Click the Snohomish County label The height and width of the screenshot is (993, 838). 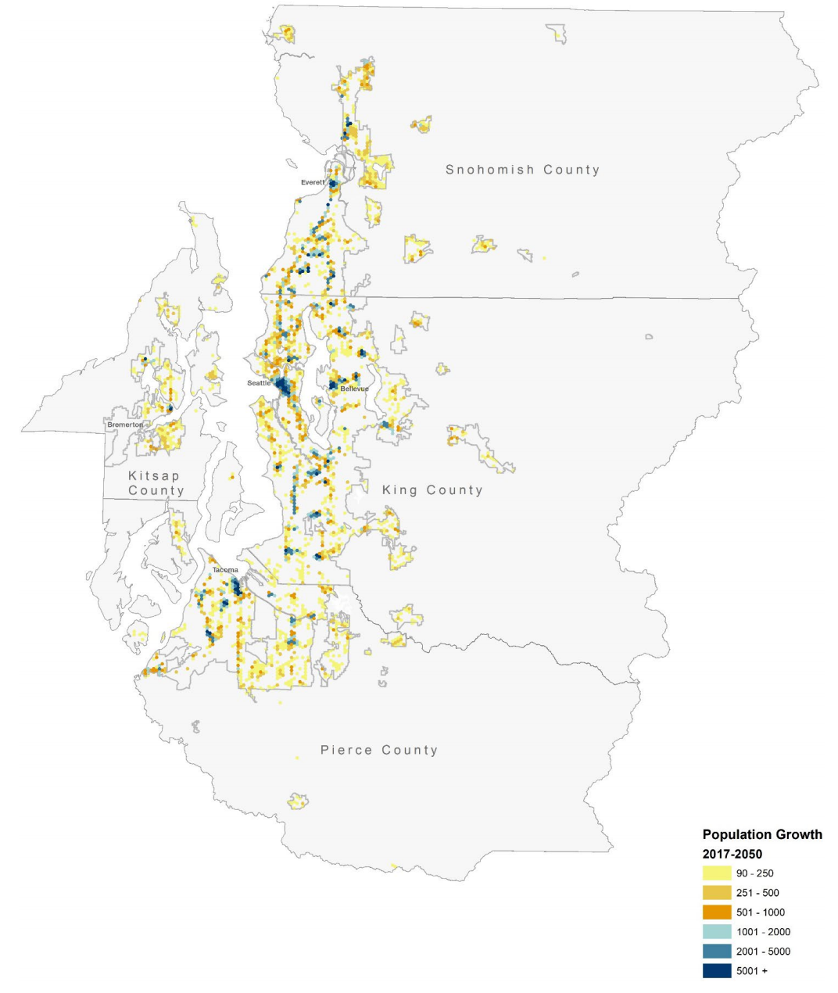tap(522, 170)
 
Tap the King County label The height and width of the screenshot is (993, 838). tap(432, 490)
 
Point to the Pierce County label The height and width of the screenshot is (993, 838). tap(379, 750)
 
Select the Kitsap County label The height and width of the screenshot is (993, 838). tap(156, 483)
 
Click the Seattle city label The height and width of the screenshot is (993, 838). tap(259, 383)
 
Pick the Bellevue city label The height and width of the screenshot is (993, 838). tap(354, 389)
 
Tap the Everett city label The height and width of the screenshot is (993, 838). tap(313, 182)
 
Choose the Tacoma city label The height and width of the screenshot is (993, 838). tap(225, 570)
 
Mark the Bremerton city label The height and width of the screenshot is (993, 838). tap(125, 425)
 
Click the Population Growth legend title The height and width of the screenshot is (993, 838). tap(762, 834)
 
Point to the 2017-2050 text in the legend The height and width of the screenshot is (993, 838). tap(732, 854)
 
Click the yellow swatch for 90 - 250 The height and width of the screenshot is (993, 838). tap(717, 873)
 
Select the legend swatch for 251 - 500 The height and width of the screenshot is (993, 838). tap(717, 893)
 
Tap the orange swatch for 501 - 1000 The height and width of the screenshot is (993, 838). tap(717, 912)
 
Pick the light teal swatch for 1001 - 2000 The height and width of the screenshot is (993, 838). tap(717, 932)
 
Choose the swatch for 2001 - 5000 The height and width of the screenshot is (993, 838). tap(717, 952)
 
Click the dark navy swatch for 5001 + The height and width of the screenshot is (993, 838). tap(717, 971)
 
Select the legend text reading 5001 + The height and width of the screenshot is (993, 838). tap(750, 971)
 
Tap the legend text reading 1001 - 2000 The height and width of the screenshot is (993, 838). tap(763, 932)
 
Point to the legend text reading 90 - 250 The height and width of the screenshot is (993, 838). tap(755, 873)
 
